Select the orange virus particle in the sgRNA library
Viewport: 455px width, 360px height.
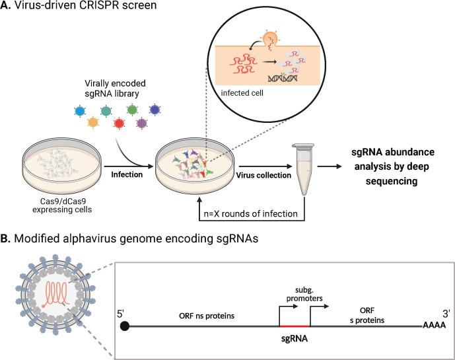click(93, 122)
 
